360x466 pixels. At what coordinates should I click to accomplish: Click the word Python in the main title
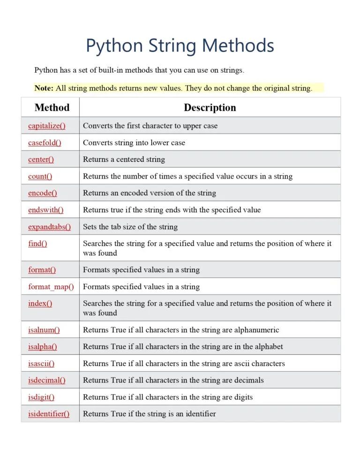114,46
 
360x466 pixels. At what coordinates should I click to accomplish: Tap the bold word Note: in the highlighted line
44,88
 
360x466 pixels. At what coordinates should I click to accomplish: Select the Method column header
52,107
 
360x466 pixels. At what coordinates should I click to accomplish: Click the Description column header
210,107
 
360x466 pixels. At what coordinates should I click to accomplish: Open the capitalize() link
46,126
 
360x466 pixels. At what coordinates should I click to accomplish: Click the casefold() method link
45,143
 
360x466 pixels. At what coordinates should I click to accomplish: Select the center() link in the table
41,159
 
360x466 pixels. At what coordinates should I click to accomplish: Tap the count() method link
40,176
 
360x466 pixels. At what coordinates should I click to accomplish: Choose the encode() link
42,193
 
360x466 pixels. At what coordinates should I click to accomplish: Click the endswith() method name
45,210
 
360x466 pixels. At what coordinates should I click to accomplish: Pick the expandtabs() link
49,226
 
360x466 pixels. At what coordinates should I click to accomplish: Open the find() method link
37,243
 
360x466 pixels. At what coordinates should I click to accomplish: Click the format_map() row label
51,286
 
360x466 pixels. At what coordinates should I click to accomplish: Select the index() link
40,303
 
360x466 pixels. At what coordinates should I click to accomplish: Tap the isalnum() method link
44,330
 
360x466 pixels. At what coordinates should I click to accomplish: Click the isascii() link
41,363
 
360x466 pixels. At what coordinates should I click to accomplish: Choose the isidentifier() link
48,413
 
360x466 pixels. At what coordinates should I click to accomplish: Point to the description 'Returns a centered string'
124,159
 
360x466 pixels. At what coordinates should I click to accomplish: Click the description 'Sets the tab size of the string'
130,226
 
